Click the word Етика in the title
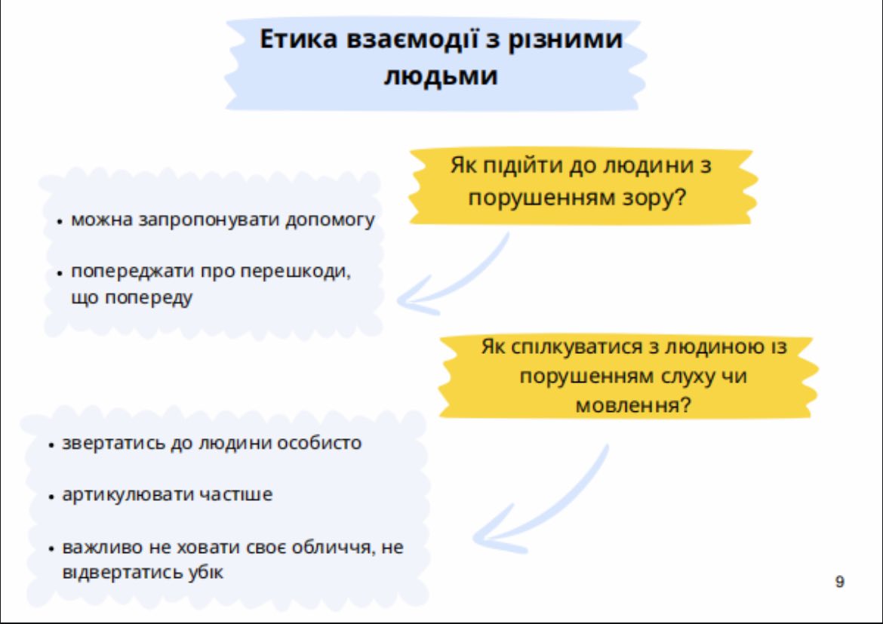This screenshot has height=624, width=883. [298, 39]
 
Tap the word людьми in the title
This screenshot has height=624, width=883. [441, 75]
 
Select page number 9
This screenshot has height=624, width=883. [840, 581]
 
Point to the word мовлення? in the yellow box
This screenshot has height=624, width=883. [633, 405]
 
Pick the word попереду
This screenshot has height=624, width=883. [149, 297]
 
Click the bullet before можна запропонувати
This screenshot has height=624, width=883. [60, 222]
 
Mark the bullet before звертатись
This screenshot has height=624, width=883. [51, 445]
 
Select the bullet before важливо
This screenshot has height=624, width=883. [51, 549]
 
